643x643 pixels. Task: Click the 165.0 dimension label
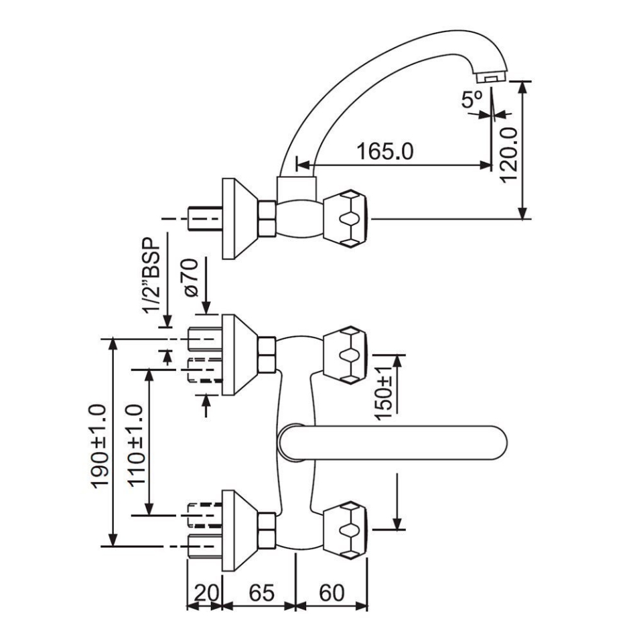384,151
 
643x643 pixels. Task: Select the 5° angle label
472,100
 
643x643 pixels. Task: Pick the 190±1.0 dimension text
98,446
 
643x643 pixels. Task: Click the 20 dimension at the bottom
206,593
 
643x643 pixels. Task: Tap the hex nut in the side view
267,218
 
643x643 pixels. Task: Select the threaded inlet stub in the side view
204,218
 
